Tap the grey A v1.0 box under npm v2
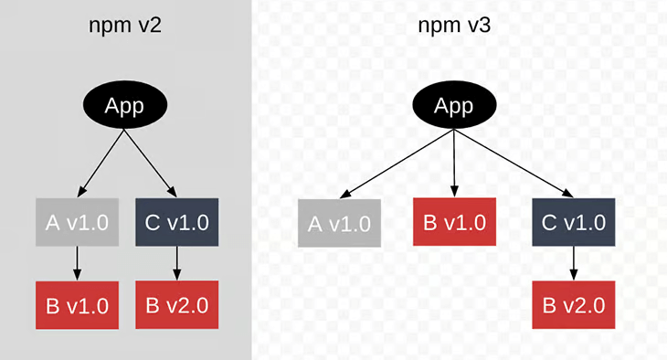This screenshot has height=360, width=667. click(x=77, y=222)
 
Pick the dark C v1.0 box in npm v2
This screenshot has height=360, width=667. click(x=177, y=222)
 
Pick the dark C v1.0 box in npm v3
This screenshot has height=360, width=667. click(x=574, y=222)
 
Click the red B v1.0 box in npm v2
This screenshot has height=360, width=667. click(x=77, y=305)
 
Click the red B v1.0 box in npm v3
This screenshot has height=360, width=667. click(x=454, y=222)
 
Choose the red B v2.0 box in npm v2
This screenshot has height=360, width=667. click(x=177, y=305)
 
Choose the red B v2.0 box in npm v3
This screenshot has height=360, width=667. click(x=574, y=305)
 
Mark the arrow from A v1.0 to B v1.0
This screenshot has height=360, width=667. click(x=77, y=263)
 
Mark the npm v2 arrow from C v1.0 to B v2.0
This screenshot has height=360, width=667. click(x=177, y=263)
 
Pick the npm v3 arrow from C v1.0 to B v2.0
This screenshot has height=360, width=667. click(x=574, y=263)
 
